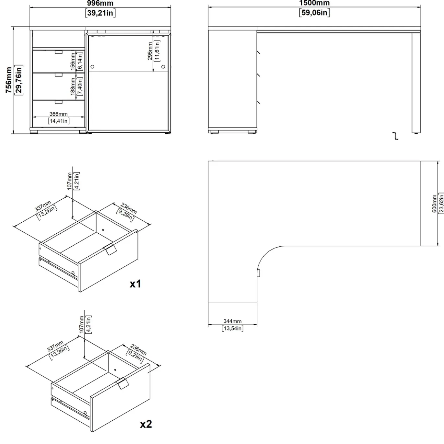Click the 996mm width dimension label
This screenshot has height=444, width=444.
coord(100,3)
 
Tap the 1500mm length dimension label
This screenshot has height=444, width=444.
coord(314,3)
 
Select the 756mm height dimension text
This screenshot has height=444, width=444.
coord(9,80)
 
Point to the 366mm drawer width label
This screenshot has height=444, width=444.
coord(59,114)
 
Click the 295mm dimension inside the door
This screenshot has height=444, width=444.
coord(150,51)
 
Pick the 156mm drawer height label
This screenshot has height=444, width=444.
coord(73,62)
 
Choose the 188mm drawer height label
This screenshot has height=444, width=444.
coord(73,87)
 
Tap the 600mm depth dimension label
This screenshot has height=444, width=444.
coord(434,204)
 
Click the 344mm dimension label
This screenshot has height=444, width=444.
coord(232,321)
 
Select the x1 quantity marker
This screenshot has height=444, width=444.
coord(135,284)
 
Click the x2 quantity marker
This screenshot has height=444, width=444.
coord(146,424)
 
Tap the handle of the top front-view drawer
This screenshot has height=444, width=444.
coord(59,52)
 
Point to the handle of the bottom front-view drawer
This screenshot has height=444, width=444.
coord(59,102)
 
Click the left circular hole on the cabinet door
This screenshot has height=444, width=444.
coord(92,66)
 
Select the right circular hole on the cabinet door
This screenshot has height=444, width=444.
coord(163,66)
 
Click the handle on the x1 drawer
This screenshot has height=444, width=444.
coord(110,249)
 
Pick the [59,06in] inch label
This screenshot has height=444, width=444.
coord(314,12)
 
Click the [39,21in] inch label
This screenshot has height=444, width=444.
coord(100,13)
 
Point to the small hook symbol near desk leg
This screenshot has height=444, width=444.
coord(395,136)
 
